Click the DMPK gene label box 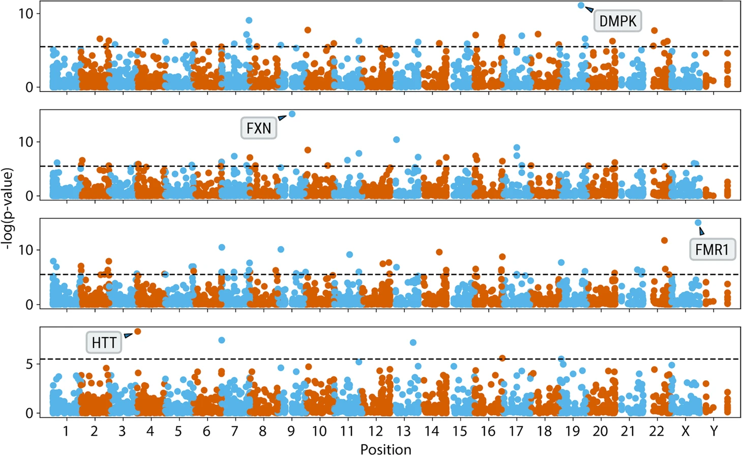point(617,21)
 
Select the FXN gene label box point(258,128)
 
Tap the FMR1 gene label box point(712,250)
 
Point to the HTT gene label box point(104,343)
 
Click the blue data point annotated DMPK point(581,5)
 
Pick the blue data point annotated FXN point(292,114)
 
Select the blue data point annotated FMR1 point(698,223)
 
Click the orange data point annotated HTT point(138,331)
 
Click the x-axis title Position point(385,449)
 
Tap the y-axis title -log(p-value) point(7,208)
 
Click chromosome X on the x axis point(685,431)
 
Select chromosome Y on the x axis point(714,431)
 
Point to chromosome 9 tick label point(290,431)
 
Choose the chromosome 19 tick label point(572,431)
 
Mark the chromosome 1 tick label point(66,431)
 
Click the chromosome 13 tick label point(403,431)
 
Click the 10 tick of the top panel point(25,14)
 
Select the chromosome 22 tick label point(657,431)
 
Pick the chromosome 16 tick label point(488,431)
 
